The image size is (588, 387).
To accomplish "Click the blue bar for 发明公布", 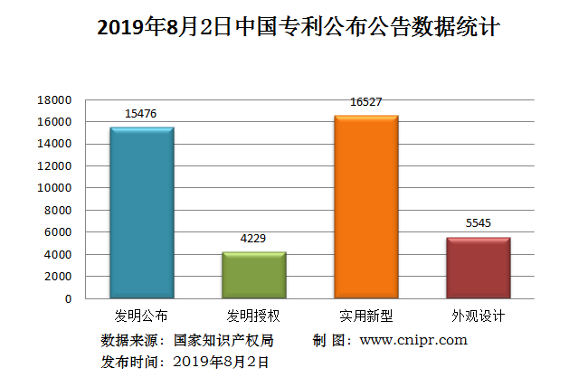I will pyautogui.click(x=141, y=212).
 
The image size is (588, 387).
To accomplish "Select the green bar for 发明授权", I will pyautogui.click(x=254, y=275).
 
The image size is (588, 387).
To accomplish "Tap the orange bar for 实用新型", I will pyautogui.click(x=365, y=207).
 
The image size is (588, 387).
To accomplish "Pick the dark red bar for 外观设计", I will pyautogui.click(x=479, y=268).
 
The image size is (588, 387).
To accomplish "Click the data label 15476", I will pyautogui.click(x=141, y=113).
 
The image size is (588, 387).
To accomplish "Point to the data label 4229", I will pyautogui.click(x=254, y=238).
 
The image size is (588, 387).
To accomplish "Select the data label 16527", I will pyautogui.click(x=365, y=102).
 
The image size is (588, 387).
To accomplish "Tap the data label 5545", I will pyautogui.click(x=479, y=223).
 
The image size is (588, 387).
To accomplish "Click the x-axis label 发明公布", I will pyautogui.click(x=141, y=316).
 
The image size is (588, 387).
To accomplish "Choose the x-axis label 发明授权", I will pyautogui.click(x=254, y=316).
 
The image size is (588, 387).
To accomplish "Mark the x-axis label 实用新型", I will pyautogui.click(x=365, y=316).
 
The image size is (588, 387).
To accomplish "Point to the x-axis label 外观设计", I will pyautogui.click(x=479, y=316).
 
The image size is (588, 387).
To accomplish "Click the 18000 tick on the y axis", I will pyautogui.click(x=54, y=99).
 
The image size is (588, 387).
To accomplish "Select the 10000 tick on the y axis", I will pyautogui.click(x=54, y=188).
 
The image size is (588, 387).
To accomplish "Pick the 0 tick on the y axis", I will pyautogui.click(x=68, y=298).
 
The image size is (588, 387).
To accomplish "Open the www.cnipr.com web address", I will pyautogui.click(x=413, y=340).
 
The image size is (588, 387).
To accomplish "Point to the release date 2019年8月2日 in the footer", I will pyautogui.click(x=221, y=362).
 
